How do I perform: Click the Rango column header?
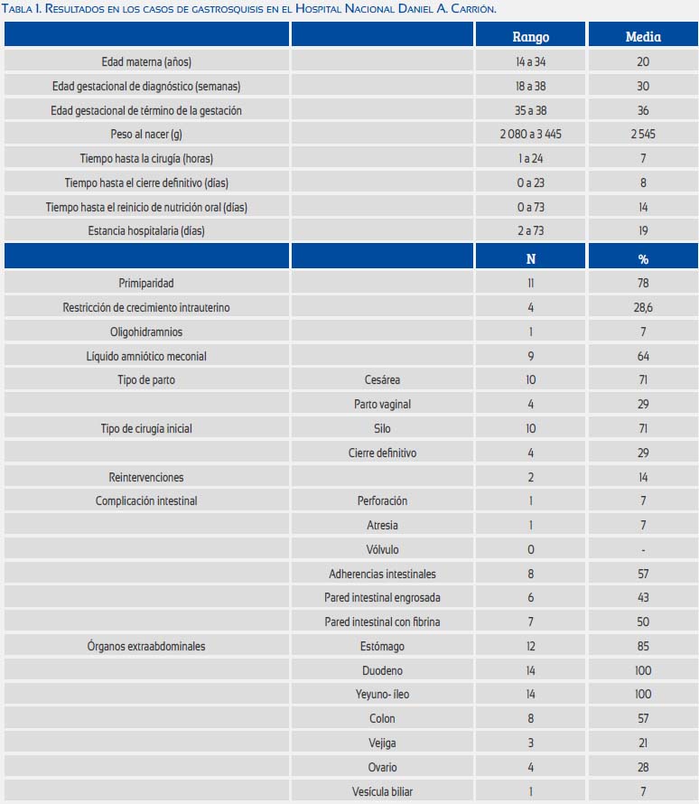(x=530, y=37)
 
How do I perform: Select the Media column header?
(x=643, y=37)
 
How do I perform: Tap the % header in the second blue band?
(x=643, y=259)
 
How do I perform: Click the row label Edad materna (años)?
(x=146, y=62)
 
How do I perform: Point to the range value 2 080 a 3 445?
(x=530, y=135)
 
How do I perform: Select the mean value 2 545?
(x=643, y=135)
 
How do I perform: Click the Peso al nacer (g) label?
(x=146, y=135)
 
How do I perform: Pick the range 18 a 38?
(x=530, y=86)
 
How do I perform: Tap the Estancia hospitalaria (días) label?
(x=146, y=230)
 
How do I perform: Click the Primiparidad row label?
(x=146, y=283)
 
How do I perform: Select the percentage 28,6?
(x=643, y=308)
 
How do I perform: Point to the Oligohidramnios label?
(x=146, y=332)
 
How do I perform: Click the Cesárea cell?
(x=382, y=380)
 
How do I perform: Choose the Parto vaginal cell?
(x=382, y=404)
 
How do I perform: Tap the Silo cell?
(x=382, y=429)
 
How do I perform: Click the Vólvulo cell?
(x=382, y=549)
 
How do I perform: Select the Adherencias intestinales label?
(x=382, y=574)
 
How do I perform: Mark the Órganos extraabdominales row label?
(x=146, y=646)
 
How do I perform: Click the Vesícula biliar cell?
(x=382, y=791)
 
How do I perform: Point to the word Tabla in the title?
(x=17, y=9)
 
